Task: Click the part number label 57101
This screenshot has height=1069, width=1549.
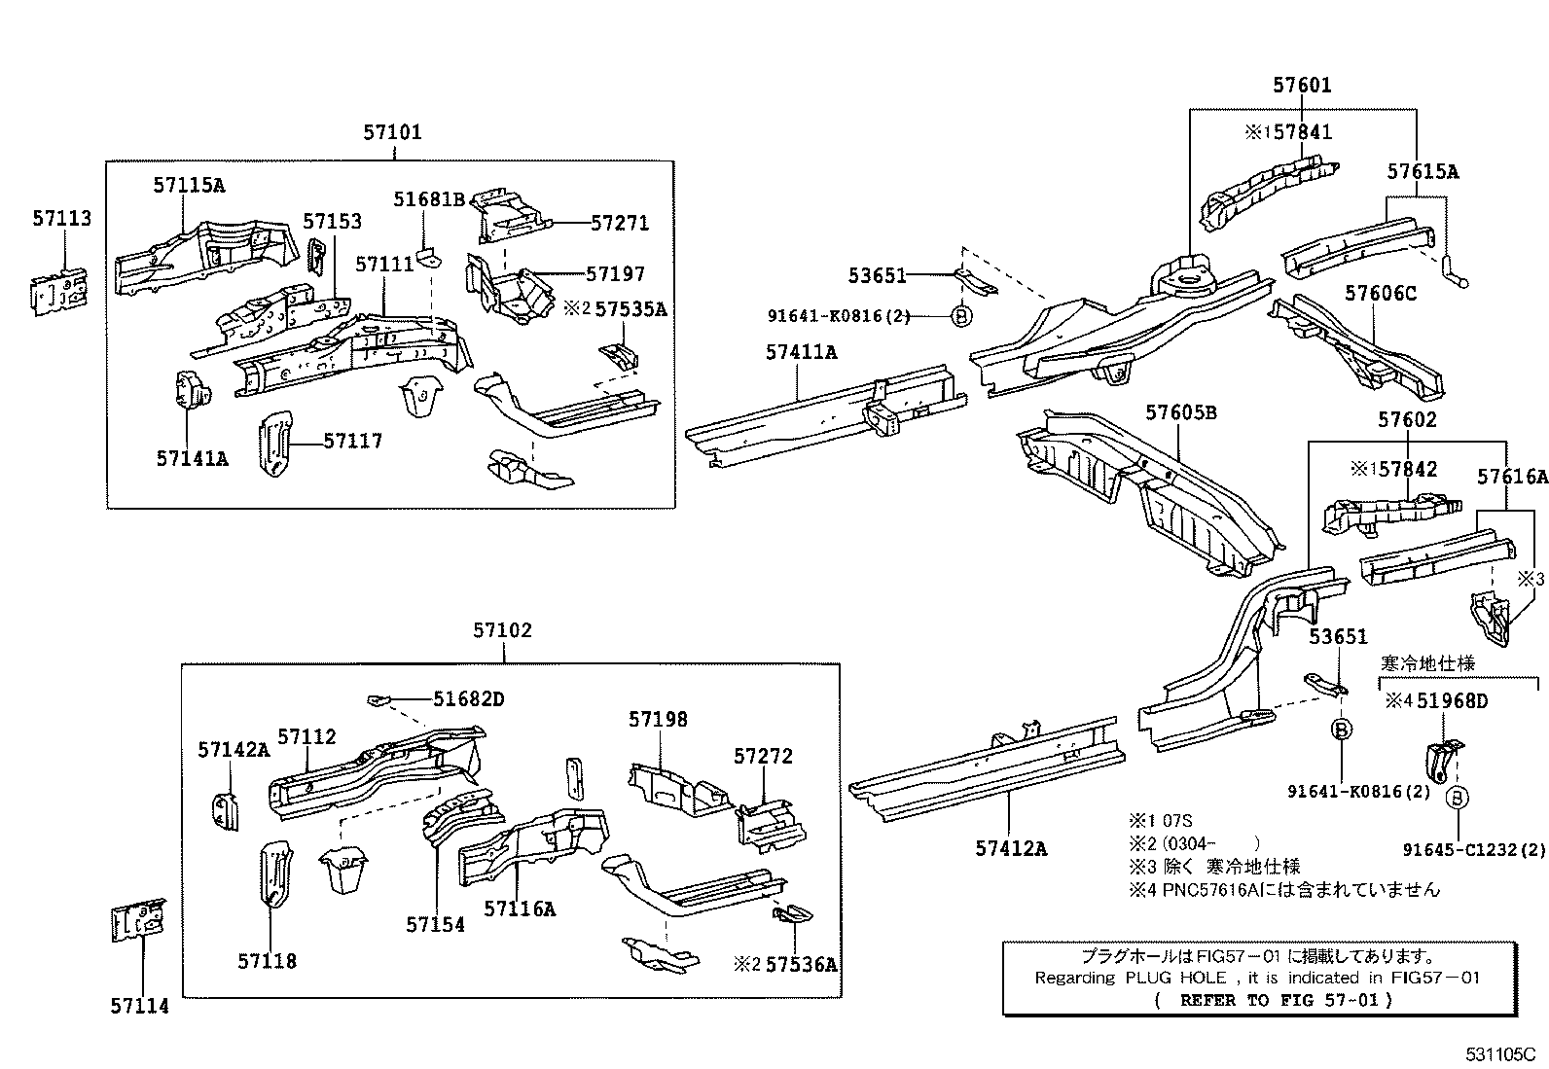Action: [x=392, y=132]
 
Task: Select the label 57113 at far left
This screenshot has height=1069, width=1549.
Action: [x=61, y=219]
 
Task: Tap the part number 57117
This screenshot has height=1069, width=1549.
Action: [x=352, y=442]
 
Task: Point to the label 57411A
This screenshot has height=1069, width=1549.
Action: [x=800, y=352]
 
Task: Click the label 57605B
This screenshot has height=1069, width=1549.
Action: [x=1180, y=412]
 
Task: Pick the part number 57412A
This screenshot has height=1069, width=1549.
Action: [x=1011, y=848]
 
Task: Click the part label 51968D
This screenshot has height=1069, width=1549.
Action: [x=1452, y=700]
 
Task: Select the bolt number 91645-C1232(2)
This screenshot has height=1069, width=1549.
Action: [x=1474, y=849]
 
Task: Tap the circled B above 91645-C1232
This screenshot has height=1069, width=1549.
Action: [x=1457, y=799]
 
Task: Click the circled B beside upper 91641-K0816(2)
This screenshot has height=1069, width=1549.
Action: [x=960, y=315]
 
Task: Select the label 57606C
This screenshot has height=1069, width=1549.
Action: [x=1381, y=293]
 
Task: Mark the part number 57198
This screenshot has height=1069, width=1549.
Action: [x=658, y=719]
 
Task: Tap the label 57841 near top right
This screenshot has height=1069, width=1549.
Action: [x=1301, y=131]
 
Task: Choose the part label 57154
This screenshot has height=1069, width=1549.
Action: [x=435, y=924]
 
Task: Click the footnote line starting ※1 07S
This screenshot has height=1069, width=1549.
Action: [x=1160, y=820]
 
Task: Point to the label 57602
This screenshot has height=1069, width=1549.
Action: [x=1407, y=420]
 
